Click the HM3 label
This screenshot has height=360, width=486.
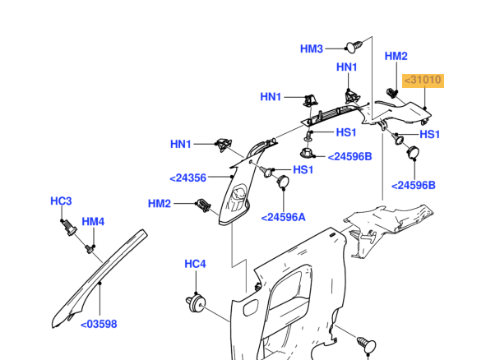(311, 49)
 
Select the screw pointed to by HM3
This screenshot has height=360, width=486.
(354, 47)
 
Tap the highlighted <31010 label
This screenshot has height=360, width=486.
(423, 81)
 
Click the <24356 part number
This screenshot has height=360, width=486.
(187, 178)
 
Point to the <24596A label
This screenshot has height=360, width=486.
(283, 218)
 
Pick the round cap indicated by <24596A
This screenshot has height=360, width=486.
(283, 182)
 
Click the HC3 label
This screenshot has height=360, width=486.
(61, 201)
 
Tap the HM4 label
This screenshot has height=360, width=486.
(93, 222)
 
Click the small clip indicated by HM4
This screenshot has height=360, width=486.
(90, 249)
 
